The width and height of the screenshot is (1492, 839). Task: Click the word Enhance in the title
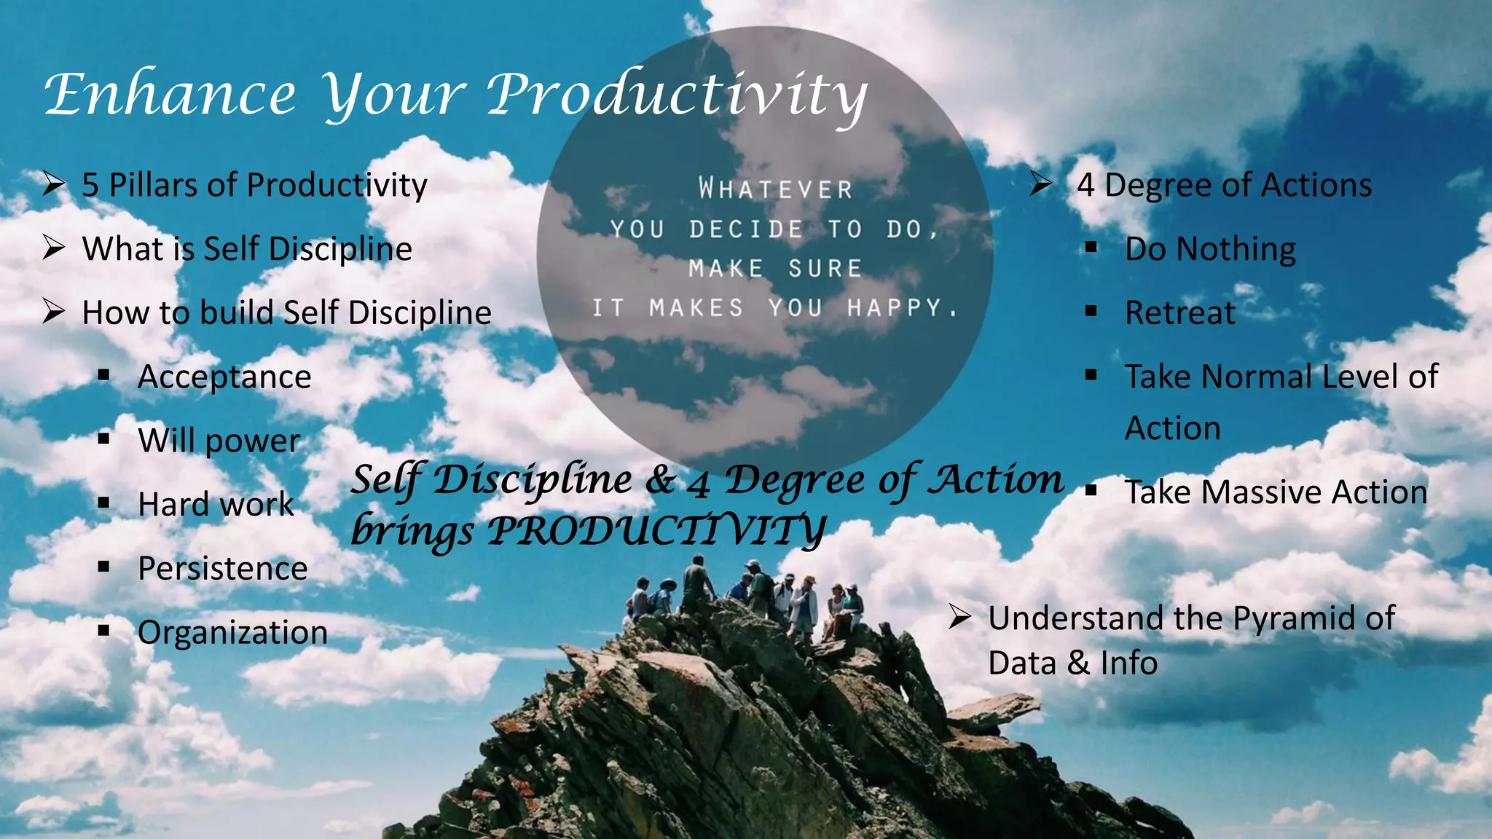170,95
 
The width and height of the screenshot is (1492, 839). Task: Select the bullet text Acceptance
224,377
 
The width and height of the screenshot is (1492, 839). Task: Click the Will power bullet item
219,441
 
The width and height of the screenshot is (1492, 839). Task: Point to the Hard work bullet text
216,505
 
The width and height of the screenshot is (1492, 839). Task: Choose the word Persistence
222,569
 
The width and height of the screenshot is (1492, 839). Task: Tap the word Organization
232,632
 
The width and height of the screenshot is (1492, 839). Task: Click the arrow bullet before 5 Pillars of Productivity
54,184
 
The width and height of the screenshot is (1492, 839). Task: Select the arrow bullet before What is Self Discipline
54,248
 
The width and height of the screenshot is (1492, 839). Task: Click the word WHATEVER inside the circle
775,189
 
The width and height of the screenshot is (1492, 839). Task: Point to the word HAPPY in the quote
895,308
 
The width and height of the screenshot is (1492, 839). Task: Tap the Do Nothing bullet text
1210,249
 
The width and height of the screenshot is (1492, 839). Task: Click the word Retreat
1179,313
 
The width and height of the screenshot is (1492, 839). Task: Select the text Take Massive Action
1276,492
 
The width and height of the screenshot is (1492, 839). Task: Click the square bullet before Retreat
1091,312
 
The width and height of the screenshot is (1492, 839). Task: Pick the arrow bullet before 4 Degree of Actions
1041,184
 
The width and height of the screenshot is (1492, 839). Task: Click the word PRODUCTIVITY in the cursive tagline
656,530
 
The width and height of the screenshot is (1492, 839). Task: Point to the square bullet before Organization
103,631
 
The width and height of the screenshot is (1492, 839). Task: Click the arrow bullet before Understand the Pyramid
959,618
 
